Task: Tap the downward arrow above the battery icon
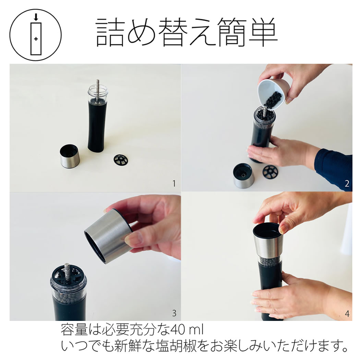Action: click(36, 17)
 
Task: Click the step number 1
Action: click(174, 184)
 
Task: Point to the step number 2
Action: click(347, 184)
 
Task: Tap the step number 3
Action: click(174, 313)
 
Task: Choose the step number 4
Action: click(347, 313)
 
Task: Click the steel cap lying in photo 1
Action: click(70, 157)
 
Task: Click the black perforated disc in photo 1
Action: click(123, 160)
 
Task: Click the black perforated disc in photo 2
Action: click(272, 172)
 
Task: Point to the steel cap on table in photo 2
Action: click(243, 176)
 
